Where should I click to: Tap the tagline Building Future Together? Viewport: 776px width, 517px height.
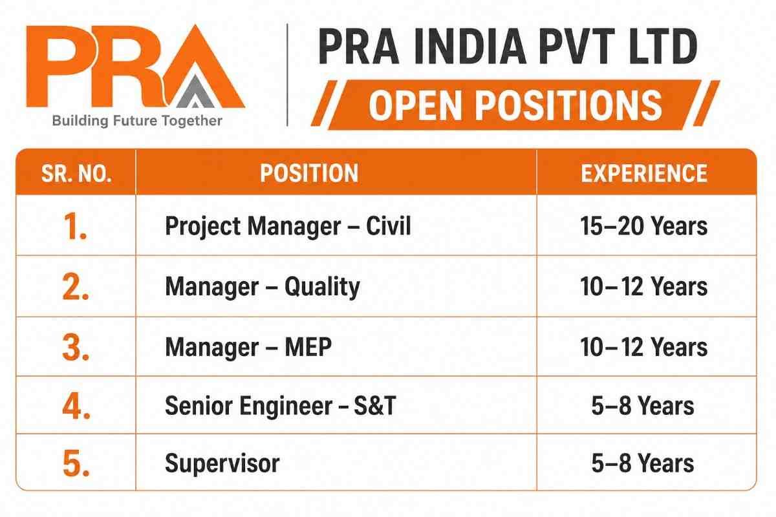tap(137, 121)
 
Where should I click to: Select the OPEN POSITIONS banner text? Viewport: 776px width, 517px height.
tap(515, 105)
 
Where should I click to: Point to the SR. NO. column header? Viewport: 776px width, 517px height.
tap(76, 173)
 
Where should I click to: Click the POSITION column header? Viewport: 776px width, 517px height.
tap(309, 173)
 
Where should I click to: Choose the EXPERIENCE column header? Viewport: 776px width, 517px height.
tap(644, 173)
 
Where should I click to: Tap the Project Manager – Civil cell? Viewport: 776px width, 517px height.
tap(288, 226)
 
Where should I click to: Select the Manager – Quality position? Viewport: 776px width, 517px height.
tap(263, 287)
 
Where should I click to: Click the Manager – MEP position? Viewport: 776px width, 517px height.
tap(248, 347)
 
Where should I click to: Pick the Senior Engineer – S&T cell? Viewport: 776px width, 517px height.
tap(280, 405)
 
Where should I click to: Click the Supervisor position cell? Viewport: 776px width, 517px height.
tap(222, 463)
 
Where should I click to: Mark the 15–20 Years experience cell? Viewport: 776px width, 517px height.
tap(643, 226)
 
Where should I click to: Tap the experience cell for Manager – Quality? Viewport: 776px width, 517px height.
tap(643, 287)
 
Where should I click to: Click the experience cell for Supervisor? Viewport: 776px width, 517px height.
tap(643, 463)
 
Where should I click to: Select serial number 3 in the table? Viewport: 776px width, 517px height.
tap(76, 348)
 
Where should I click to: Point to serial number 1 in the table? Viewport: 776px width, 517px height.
tap(75, 226)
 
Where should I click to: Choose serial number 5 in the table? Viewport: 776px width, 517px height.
tap(76, 463)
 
